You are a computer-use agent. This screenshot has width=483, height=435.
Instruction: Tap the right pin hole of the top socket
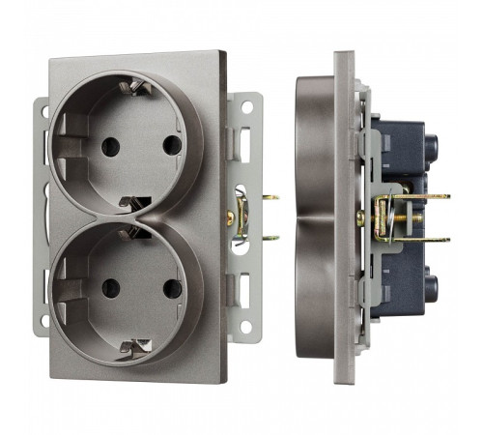pos(172,145)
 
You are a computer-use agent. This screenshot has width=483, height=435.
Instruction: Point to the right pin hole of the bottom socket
pos(172,287)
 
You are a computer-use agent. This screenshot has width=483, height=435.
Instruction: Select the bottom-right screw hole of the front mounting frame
pos(246,327)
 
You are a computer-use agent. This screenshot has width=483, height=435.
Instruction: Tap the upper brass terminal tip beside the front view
pos(272,199)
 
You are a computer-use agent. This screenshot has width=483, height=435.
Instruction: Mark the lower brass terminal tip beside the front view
pos(272,237)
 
